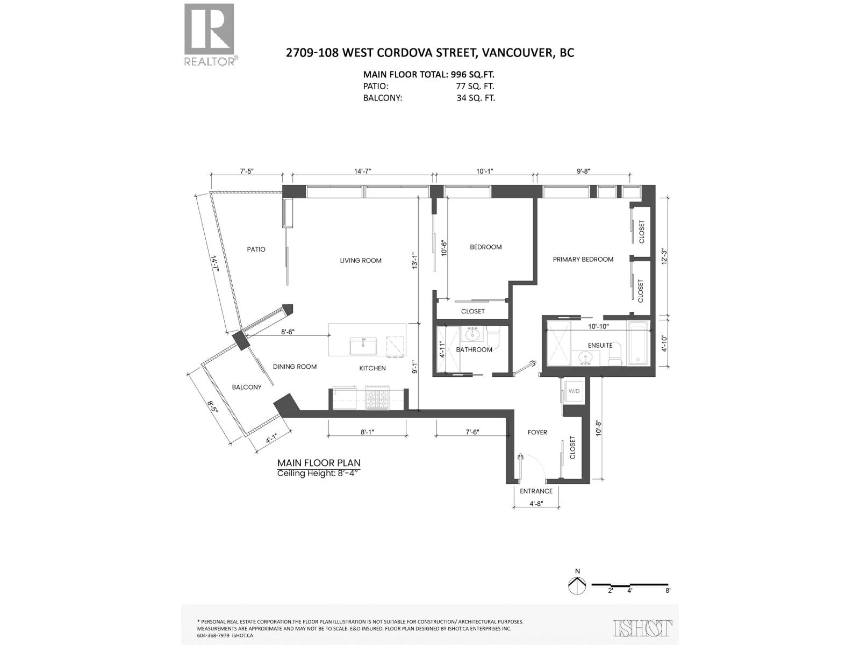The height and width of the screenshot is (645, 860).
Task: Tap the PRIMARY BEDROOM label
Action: click(x=583, y=259)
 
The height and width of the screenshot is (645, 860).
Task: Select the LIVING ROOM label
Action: click(x=361, y=261)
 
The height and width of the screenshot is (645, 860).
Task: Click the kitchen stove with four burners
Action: click(x=377, y=398)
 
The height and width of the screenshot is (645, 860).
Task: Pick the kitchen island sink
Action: click(x=364, y=346)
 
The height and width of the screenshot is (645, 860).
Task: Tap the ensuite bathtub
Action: click(x=639, y=342)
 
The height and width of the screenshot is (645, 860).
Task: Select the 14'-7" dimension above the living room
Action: click(x=362, y=171)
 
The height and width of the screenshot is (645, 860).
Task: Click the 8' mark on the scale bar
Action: click(x=668, y=590)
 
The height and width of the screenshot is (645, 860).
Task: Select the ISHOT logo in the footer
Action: click(x=643, y=627)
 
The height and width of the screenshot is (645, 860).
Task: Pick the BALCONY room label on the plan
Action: click(x=247, y=387)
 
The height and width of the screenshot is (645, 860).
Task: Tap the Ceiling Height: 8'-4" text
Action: click(x=319, y=474)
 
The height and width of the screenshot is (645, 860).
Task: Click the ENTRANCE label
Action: click(x=536, y=491)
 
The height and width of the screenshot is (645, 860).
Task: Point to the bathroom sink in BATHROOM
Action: click(x=474, y=335)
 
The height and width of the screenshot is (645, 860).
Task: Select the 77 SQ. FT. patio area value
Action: click(x=475, y=86)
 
